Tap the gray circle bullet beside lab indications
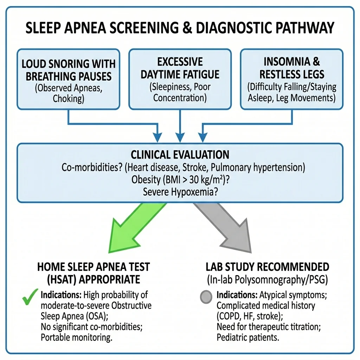point(206,297)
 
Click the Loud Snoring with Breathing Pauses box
point(68,79)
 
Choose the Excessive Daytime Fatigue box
point(180,79)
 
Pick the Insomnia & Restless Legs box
point(291,79)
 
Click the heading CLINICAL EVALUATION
point(180,154)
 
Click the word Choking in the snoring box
point(69,98)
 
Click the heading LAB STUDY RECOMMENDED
point(268,266)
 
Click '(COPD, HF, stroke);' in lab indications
point(246,316)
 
